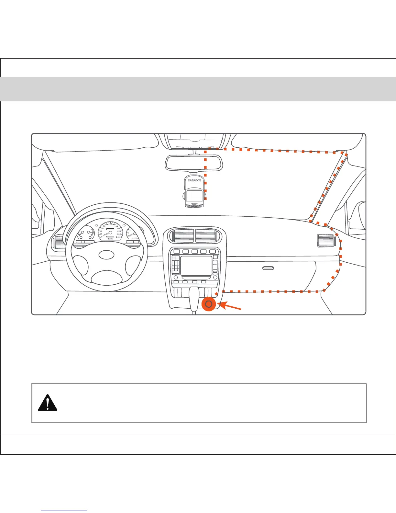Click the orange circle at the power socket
(x=209, y=304)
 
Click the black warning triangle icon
(x=48, y=403)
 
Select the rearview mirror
(x=193, y=163)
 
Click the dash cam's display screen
(x=194, y=196)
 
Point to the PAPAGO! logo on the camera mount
(x=194, y=180)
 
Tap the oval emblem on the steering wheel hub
(x=107, y=255)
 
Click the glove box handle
(x=268, y=268)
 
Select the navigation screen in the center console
(x=196, y=265)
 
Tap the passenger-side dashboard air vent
(x=326, y=240)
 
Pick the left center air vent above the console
(x=184, y=235)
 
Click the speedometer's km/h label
(x=111, y=239)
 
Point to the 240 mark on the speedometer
(x=118, y=237)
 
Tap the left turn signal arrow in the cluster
(x=96, y=226)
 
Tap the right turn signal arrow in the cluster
(x=124, y=225)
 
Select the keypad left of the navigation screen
(x=176, y=265)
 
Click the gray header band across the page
(x=198, y=89)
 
